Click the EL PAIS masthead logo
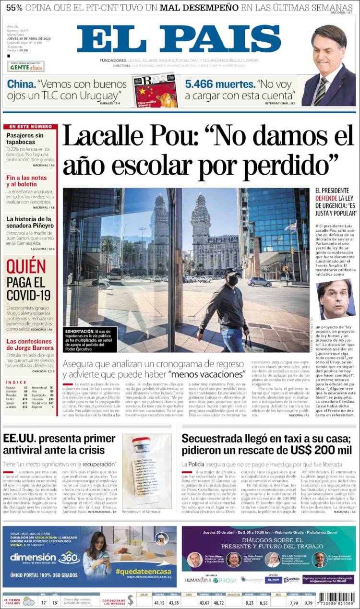tap(179, 39)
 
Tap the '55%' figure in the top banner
tap(14, 7)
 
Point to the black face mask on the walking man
tap(233, 280)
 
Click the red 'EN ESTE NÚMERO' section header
tap(30, 127)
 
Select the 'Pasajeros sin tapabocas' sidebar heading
tap(25, 139)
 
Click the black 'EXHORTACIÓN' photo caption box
tap(90, 338)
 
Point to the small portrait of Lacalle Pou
tap(336, 299)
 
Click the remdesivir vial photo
tap(146, 471)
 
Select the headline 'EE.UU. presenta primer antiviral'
tap(59, 444)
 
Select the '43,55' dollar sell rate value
tap(173, 602)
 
